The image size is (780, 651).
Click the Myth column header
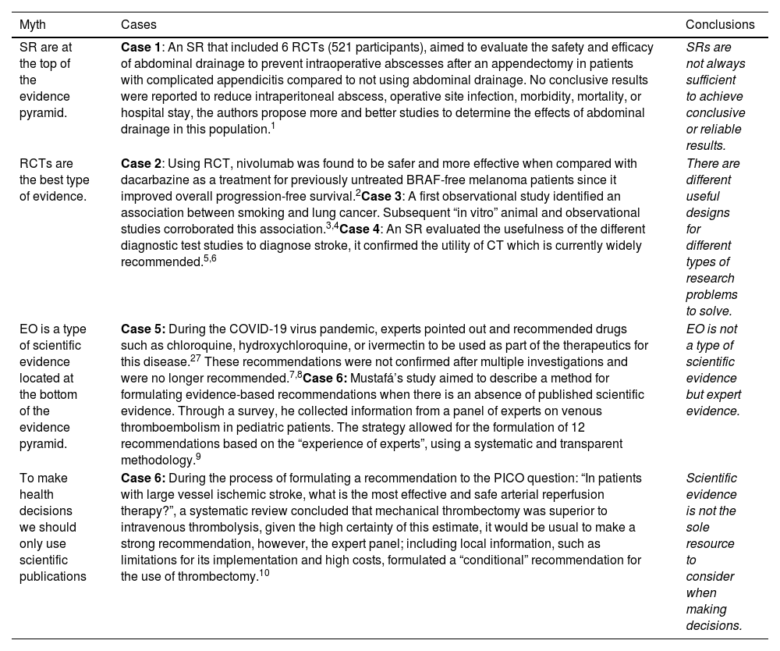pos(33,25)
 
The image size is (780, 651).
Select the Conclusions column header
pos(720,25)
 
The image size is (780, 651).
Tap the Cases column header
pos(138,25)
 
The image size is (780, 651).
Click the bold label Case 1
pos(140,47)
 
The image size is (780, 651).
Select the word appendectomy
pos(460,63)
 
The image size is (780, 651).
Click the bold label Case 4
pos(360,229)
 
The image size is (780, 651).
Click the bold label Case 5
pos(142,329)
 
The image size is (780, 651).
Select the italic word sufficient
pos(711,80)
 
